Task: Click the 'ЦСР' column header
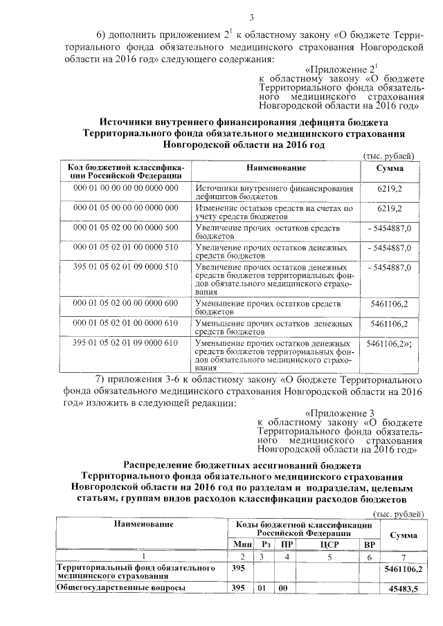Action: click(328, 544)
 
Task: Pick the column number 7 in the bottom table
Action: click(403, 557)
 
